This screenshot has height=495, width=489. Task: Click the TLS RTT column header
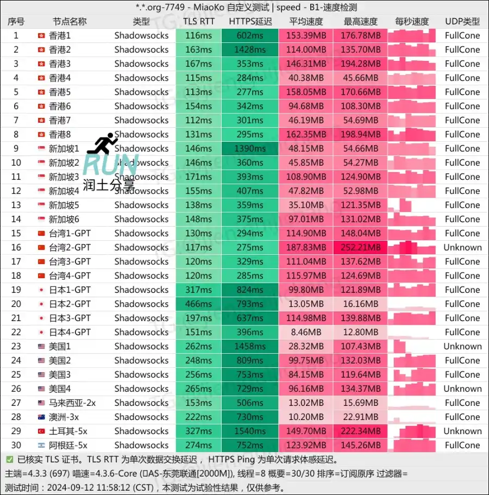tap(198, 22)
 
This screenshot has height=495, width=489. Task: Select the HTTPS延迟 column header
tap(250, 22)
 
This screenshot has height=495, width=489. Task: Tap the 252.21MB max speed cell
tap(361, 247)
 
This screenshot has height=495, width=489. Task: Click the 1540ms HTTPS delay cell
tap(250, 431)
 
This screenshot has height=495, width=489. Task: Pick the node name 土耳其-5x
tap(68, 431)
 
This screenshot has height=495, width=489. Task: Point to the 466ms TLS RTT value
tap(198, 304)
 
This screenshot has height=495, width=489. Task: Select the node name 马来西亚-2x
tap(72, 403)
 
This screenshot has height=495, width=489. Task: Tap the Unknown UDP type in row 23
tap(462, 346)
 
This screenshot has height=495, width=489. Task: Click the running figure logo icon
tap(102, 143)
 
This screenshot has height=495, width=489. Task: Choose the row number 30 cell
tap(16, 445)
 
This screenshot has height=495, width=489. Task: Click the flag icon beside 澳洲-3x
tap(41, 417)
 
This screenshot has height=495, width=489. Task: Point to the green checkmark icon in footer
tap(10, 459)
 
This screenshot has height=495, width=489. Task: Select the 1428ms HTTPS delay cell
tap(250, 49)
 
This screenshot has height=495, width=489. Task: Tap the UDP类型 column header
tap(462, 22)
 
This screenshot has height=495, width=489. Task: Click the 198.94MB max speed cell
tap(361, 134)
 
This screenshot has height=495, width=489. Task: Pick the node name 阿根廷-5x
tap(68, 445)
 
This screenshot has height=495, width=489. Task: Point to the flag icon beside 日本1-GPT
tap(41, 290)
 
